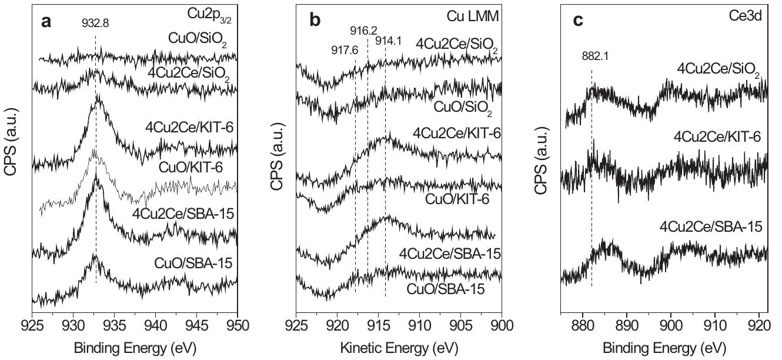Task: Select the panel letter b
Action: click(315, 21)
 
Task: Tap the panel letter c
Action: click(578, 21)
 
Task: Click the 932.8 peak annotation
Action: click(95, 24)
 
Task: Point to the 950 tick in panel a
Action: click(237, 325)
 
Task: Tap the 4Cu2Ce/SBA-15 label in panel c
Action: click(711, 226)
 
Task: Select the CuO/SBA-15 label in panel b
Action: click(445, 289)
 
